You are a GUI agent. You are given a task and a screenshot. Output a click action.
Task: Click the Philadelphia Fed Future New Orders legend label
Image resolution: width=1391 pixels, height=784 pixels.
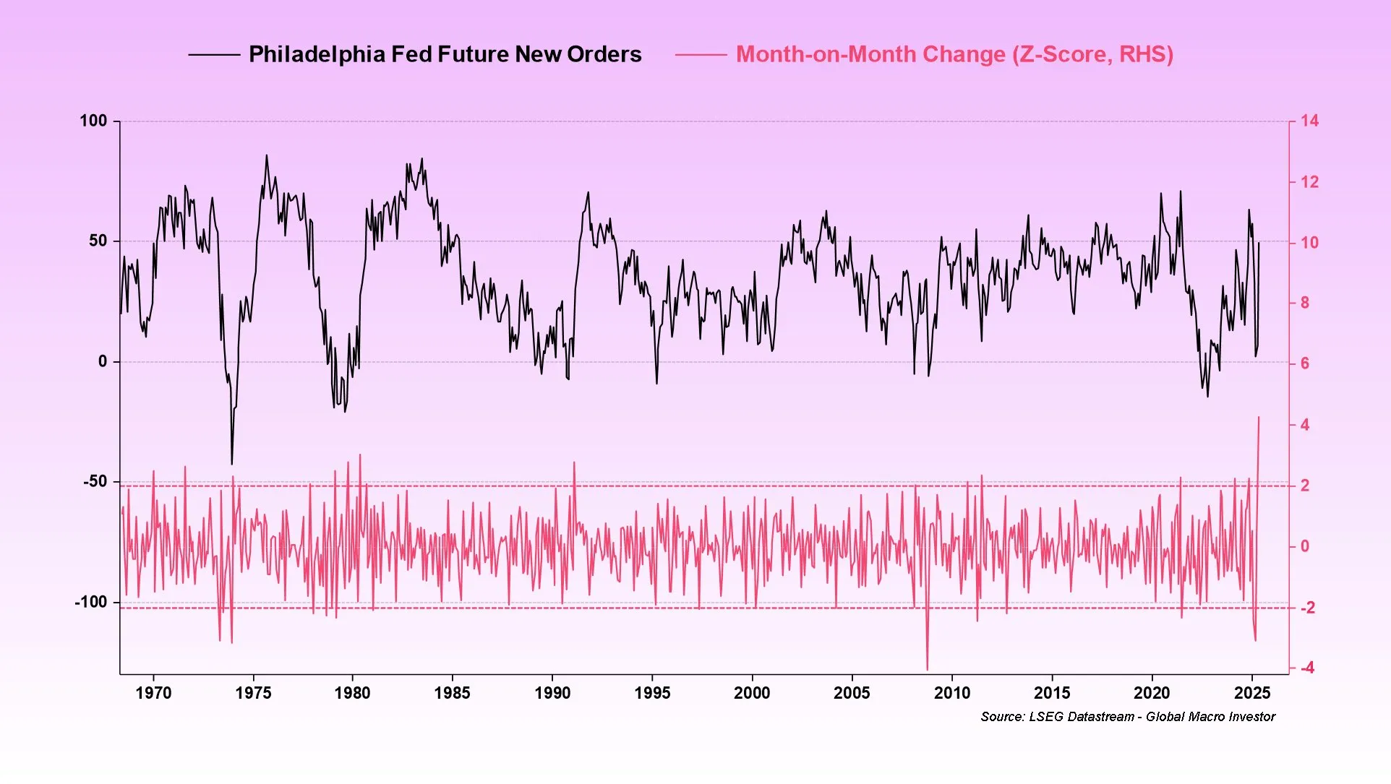tap(445, 54)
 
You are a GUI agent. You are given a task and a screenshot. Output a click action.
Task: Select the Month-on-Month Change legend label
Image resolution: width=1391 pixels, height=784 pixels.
tap(954, 54)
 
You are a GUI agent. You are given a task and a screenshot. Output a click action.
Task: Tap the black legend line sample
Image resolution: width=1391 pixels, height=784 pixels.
tap(214, 54)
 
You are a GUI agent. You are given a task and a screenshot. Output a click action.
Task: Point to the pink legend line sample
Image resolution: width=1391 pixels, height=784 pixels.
tap(701, 54)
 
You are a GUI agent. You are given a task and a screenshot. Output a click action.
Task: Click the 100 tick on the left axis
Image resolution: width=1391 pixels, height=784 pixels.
tap(93, 121)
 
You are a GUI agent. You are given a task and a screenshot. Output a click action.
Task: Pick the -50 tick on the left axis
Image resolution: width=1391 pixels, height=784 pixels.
tap(95, 481)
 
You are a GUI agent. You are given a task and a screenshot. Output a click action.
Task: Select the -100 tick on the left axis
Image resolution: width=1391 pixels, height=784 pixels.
tap(90, 602)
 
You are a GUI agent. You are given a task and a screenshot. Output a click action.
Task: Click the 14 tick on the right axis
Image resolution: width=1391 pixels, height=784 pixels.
tap(1309, 121)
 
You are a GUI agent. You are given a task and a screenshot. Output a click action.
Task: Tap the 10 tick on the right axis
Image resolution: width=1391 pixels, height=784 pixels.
tap(1309, 242)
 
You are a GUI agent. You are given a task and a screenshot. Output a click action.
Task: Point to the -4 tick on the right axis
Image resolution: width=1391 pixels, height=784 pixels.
tap(1307, 668)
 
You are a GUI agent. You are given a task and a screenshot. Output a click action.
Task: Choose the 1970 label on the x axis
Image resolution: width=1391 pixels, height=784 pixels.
tap(153, 693)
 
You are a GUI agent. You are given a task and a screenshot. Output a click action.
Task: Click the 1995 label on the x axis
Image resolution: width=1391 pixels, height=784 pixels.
tap(652, 693)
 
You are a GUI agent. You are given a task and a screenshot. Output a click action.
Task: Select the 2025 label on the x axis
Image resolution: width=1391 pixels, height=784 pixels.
tap(1252, 693)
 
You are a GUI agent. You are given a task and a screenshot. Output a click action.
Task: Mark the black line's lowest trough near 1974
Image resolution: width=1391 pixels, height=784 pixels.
tap(232, 464)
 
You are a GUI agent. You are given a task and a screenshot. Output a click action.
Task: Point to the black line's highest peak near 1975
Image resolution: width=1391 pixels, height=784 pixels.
tap(266, 155)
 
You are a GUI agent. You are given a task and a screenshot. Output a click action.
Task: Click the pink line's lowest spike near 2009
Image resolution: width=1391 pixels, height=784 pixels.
tap(928, 669)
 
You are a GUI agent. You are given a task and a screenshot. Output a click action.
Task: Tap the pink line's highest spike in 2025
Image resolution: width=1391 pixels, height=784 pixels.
tap(1259, 417)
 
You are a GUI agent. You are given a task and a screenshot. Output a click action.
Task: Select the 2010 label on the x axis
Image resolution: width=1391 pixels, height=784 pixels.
tap(952, 693)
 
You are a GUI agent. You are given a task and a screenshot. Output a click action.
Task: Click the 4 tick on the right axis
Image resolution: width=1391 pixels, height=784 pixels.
tap(1305, 425)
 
